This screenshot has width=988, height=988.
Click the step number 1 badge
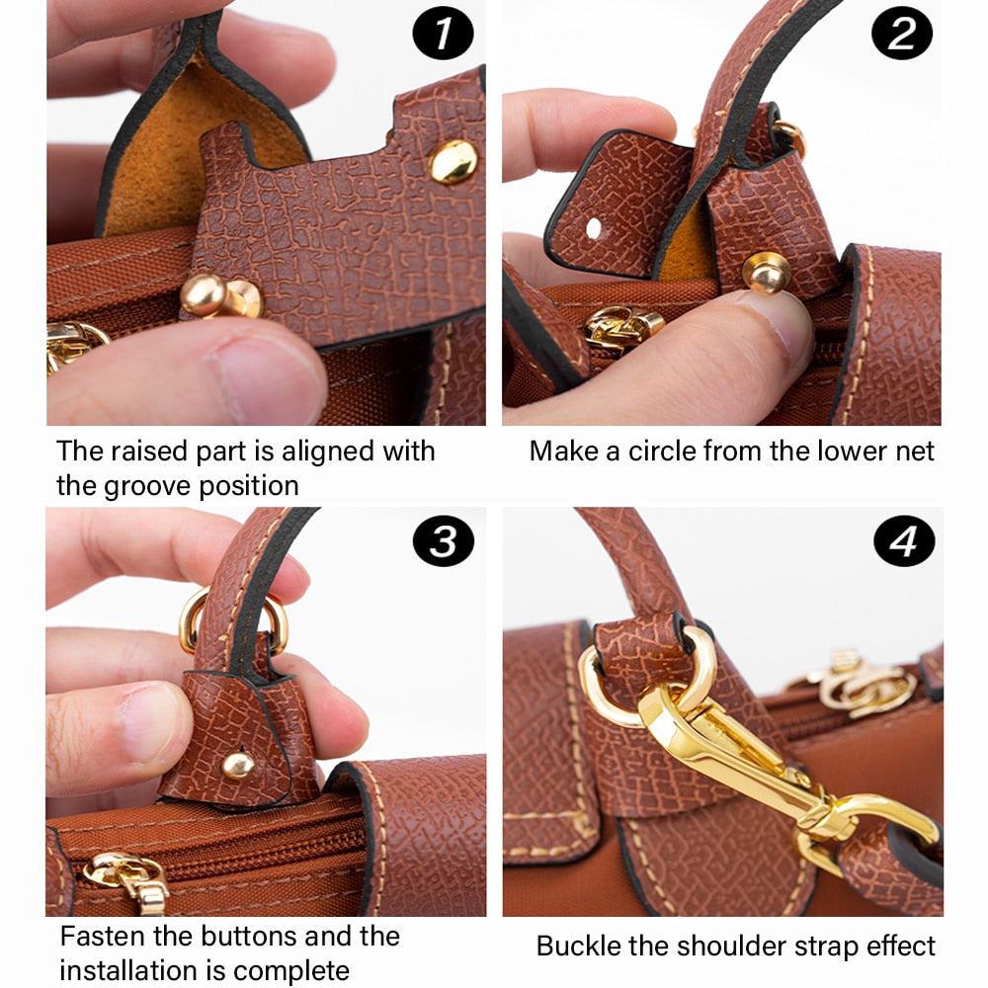point(443,34)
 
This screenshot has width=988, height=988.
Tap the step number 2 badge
point(901,34)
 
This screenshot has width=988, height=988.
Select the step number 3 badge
point(443,541)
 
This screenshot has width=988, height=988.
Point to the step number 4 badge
point(904,541)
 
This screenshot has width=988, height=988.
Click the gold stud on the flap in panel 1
point(453,161)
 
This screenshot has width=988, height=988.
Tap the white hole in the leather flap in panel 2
point(594,228)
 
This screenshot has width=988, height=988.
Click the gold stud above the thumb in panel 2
point(766,273)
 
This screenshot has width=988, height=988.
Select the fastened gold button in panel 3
point(237,766)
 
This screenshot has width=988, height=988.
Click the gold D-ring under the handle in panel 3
point(233,620)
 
